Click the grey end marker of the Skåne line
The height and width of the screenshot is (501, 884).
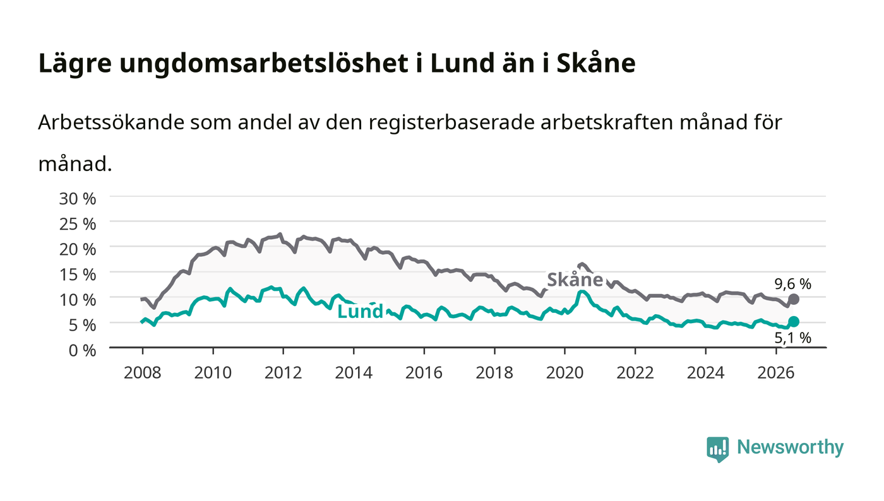[794, 300]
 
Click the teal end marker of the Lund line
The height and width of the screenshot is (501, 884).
[794, 322]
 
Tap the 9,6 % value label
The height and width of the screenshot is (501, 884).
[793, 284]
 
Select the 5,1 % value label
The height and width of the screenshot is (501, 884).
[793, 338]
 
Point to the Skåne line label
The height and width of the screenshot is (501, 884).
[575, 280]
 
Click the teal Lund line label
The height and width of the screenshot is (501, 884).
[361, 312]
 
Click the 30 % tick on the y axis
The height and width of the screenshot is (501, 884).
[78, 199]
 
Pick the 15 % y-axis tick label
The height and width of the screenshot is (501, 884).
[78, 274]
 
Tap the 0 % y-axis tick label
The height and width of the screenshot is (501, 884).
[83, 350]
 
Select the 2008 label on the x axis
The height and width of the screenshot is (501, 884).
[143, 373]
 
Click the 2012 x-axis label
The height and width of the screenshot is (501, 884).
[283, 373]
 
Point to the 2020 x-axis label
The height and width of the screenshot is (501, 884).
[564, 373]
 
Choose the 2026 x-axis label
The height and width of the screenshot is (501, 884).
[776, 373]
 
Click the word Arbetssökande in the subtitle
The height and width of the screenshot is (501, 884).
[111, 122]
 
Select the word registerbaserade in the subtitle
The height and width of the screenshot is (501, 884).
[451, 123]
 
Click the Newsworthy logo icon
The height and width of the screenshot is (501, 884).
[717, 449]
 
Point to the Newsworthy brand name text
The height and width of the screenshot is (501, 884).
[791, 447]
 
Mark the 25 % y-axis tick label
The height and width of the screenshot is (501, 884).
[78, 224]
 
